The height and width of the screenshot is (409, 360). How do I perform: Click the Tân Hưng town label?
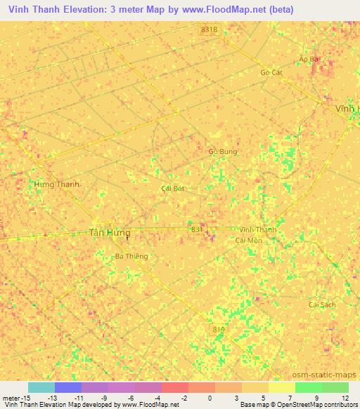coord(110,233)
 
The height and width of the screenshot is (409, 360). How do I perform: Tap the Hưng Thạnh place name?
coord(57,184)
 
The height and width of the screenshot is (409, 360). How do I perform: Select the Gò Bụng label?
coord(223,151)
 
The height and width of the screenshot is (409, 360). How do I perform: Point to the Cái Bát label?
coord(172,189)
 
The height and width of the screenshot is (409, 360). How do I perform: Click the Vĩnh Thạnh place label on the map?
coord(258,230)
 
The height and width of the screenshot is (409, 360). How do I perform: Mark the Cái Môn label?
coord(248,240)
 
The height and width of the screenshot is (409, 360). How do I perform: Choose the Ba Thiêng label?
coord(131,257)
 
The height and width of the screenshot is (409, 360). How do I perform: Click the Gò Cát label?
coord(271,72)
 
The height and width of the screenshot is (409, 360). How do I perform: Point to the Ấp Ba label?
coord(309,59)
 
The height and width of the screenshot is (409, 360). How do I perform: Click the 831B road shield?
coord(209,30)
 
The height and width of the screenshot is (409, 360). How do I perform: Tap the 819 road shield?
coord(219,327)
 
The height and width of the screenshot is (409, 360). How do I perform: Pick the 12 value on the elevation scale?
coord(345,398)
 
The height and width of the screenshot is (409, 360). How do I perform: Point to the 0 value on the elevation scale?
coord(210,398)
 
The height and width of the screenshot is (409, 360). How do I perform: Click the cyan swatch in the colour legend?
coord(41,387)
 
